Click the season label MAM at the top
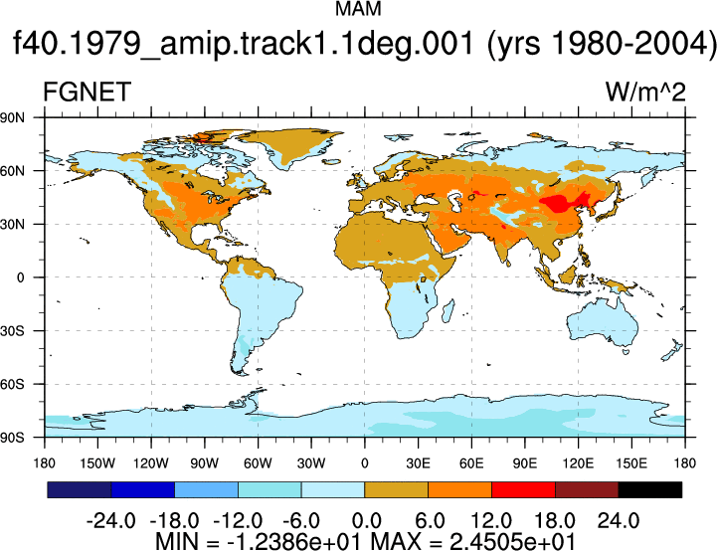pyautogui.click(x=358, y=9)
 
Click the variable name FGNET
pyautogui.click(x=87, y=92)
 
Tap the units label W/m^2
pyautogui.click(x=645, y=92)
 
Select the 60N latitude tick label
pyautogui.click(x=12, y=171)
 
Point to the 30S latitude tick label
pyautogui.click(x=12, y=331)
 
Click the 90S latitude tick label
pyautogui.click(x=12, y=438)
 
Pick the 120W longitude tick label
pyautogui.click(x=151, y=463)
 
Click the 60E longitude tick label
pyautogui.click(x=471, y=463)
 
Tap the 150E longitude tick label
pyautogui.click(x=631, y=463)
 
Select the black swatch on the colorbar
pyautogui.click(x=649, y=489)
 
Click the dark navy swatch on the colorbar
pyautogui.click(x=80, y=489)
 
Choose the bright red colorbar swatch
pyautogui.click(x=523, y=489)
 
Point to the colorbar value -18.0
pyautogui.click(x=174, y=521)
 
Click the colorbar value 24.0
pyautogui.click(x=619, y=521)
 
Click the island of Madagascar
pyautogui.click(x=448, y=311)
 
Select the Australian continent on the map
pyautogui.click(x=603, y=322)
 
